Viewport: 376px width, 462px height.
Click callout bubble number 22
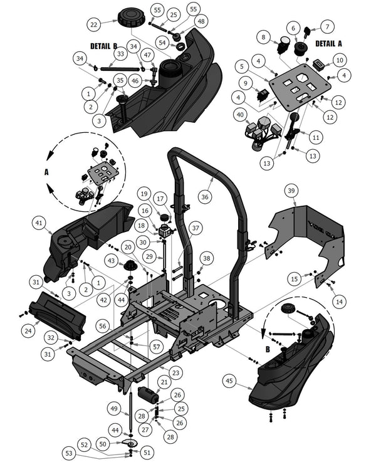pos(94,24)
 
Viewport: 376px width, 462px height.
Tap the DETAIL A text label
pos(329,44)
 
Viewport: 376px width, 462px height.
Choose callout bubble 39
pos(290,191)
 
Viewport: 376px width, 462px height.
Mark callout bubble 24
pos(28,328)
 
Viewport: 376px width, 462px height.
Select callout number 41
pos(38,223)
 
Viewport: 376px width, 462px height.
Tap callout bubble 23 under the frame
pos(175,372)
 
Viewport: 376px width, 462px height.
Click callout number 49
pos(114,409)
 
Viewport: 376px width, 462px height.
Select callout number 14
pos(339,302)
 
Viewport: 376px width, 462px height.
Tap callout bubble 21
pos(164,382)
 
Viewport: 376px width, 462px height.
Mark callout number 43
pos(111,260)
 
